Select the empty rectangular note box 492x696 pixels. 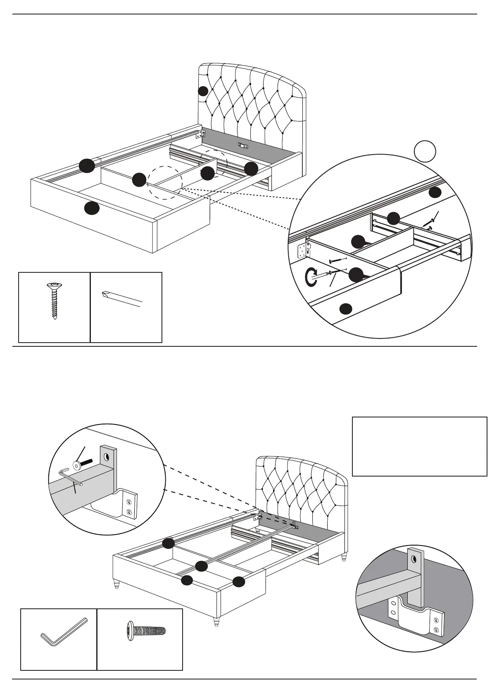click(419, 446)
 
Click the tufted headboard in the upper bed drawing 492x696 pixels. click(252, 97)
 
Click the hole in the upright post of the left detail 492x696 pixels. click(107, 456)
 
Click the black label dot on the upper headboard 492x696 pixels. click(203, 91)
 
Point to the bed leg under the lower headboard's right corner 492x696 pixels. click(343, 559)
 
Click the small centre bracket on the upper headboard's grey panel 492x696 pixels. click(242, 145)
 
